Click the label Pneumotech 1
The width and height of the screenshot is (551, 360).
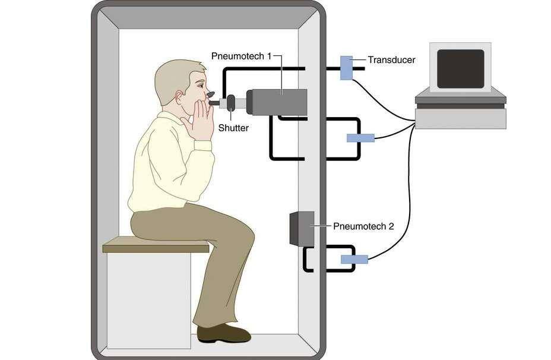point(241,56)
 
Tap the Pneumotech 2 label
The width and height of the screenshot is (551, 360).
point(363,226)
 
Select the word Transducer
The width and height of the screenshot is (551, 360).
point(391,59)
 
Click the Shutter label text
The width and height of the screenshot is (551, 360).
point(233,128)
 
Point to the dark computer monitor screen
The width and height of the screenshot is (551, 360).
point(460,68)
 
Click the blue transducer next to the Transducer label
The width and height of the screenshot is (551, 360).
point(346,67)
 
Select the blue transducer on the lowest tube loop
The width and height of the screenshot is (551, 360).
point(354,259)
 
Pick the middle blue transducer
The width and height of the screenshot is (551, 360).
point(360,138)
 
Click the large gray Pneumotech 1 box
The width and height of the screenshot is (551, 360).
point(277,101)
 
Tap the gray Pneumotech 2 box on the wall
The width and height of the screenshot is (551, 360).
point(302,229)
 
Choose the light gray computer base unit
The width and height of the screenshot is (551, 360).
point(460,119)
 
